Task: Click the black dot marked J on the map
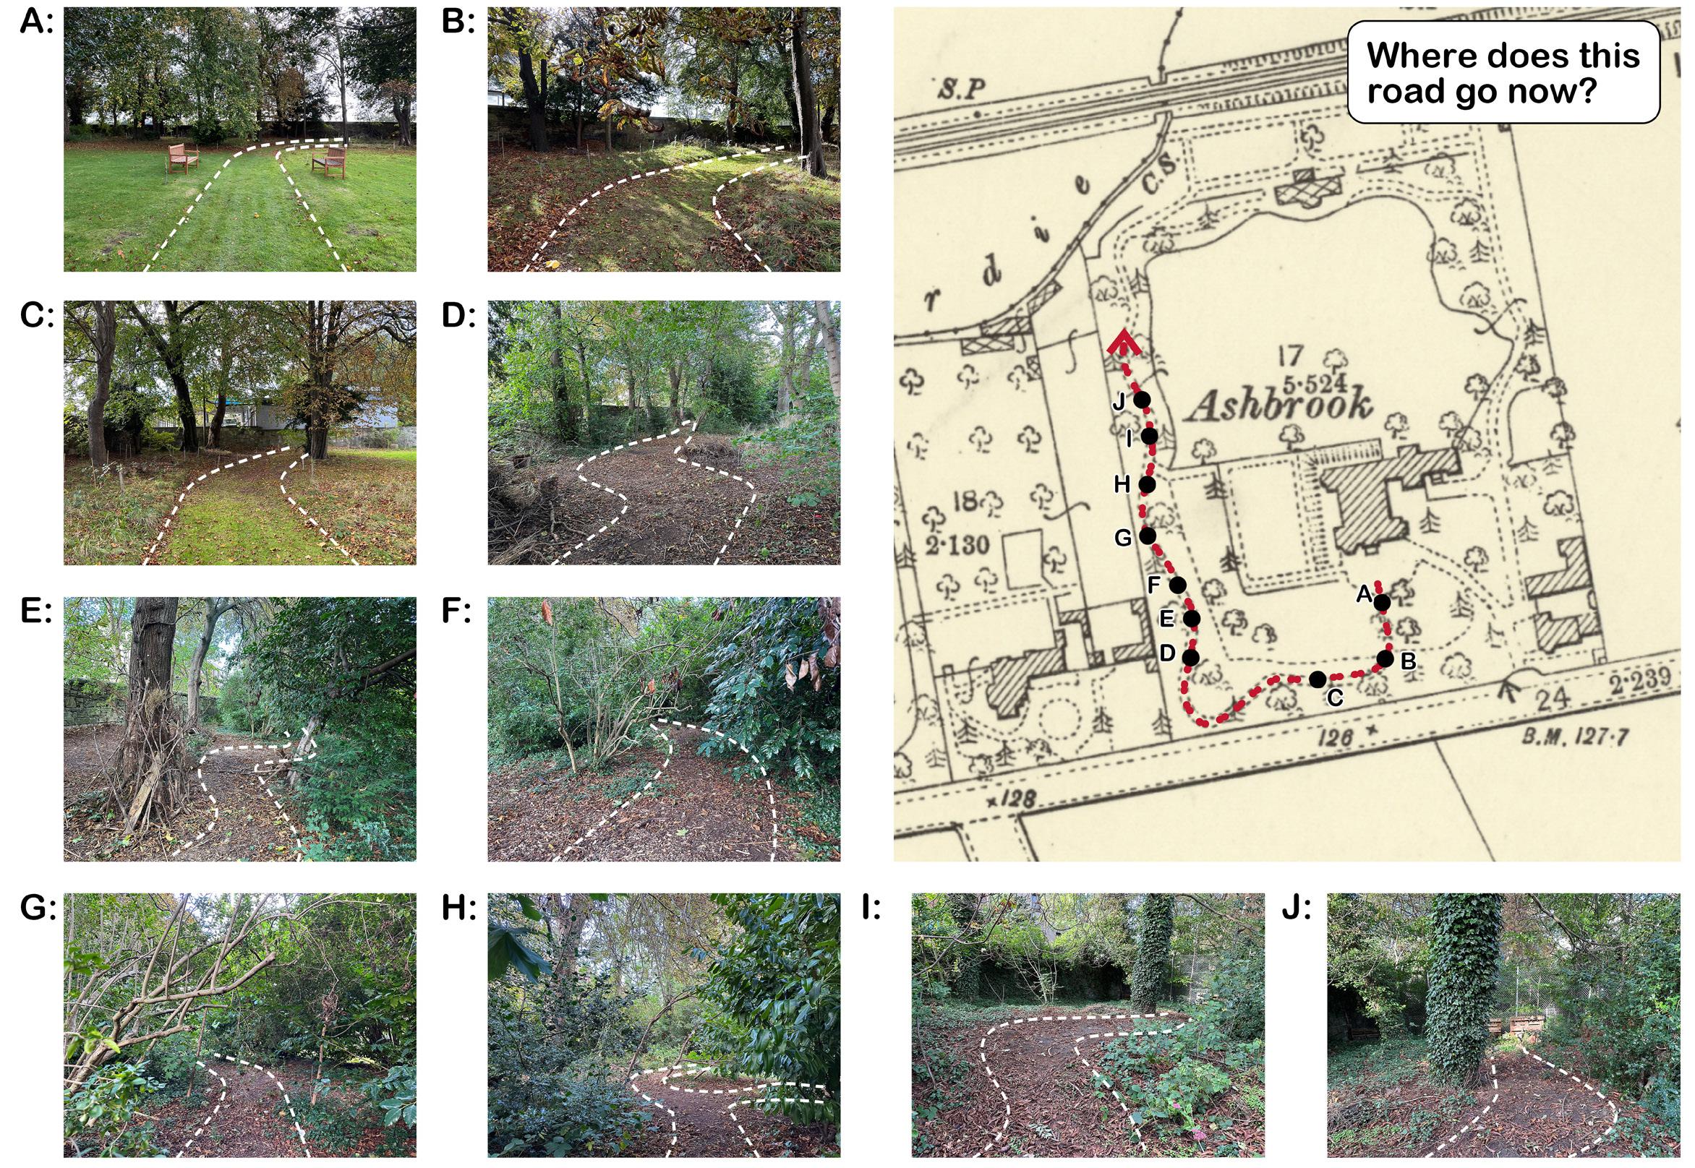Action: pos(1142,400)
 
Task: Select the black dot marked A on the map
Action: pos(1381,602)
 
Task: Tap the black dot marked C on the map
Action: pos(1318,679)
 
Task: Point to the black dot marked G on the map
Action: pos(1148,536)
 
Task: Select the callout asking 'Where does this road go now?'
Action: pos(1503,72)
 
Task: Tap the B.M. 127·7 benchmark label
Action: pos(1574,736)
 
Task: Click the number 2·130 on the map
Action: pos(956,544)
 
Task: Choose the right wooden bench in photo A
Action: pos(330,163)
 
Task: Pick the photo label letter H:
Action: pos(460,909)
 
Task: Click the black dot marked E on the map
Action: pos(1191,619)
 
